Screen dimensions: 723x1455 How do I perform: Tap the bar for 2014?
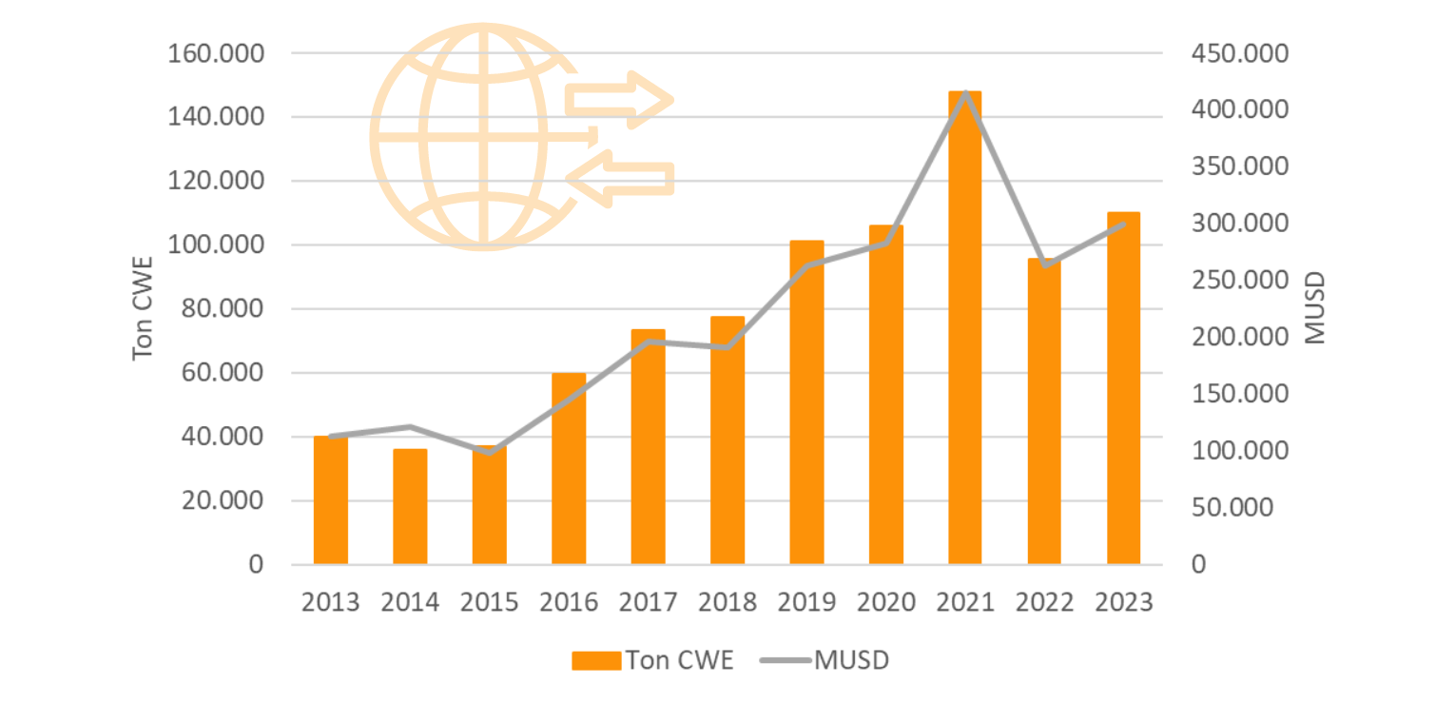[410, 507]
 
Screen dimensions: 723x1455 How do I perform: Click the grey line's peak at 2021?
[965, 93]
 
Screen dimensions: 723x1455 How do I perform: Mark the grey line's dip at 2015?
[490, 452]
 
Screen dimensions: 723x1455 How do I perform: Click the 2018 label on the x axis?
[727, 602]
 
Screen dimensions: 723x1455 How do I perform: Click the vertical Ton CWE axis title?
[144, 308]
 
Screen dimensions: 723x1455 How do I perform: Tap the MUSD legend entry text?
[851, 661]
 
